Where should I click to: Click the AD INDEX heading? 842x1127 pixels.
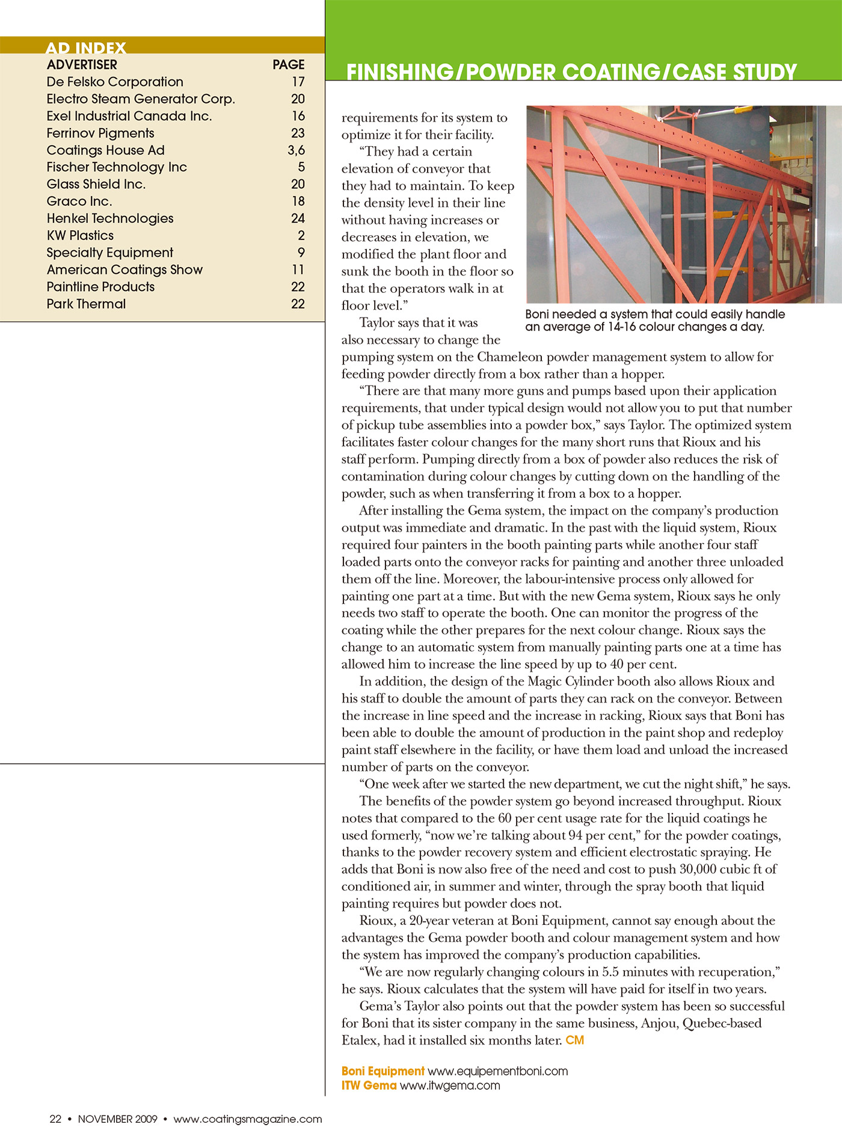pos(86,48)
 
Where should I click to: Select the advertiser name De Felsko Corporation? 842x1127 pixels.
pos(115,82)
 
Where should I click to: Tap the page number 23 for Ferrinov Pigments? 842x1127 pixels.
pos(298,133)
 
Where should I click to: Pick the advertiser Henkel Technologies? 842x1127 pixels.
pos(110,218)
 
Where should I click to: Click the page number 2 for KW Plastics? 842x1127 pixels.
pos(301,235)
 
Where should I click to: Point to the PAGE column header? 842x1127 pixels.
pos(289,64)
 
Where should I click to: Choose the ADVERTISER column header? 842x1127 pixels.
pos(82,64)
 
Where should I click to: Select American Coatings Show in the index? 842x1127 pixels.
pos(124,269)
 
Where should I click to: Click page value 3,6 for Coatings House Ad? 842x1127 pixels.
pos(296,150)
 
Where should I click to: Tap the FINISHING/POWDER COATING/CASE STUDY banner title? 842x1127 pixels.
pos(571,72)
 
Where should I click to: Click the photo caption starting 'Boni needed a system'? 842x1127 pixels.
pos(655,321)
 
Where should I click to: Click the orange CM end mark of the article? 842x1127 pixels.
pos(575,1040)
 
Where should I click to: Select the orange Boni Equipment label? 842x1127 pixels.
pos(383,1071)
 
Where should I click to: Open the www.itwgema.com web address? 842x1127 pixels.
pos(450,1086)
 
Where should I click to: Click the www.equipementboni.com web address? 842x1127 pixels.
pos(497,1071)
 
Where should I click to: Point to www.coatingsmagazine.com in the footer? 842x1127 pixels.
pos(248,1119)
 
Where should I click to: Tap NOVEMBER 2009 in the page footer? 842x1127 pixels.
pos(117,1119)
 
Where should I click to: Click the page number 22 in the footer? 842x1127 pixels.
pos(55,1119)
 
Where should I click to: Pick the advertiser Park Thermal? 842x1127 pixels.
pos(86,304)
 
